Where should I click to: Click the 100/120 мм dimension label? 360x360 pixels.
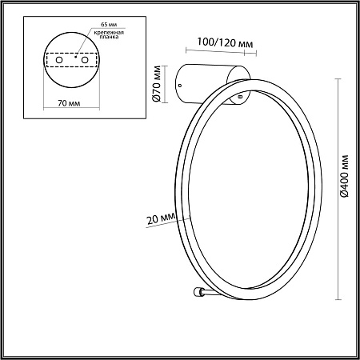click(225, 42)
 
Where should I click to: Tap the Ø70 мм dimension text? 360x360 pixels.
click(156, 83)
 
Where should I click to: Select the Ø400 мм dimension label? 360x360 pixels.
click(344, 176)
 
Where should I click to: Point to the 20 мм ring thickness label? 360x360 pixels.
click(161, 218)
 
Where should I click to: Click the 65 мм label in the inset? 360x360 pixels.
click(109, 24)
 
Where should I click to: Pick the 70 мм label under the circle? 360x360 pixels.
click(69, 103)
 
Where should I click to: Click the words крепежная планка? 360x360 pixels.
click(109, 34)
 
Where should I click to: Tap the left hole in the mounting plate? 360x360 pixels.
click(59, 60)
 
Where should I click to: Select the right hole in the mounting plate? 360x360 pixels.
click(85, 60)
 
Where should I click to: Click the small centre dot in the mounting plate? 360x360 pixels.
click(76, 57)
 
